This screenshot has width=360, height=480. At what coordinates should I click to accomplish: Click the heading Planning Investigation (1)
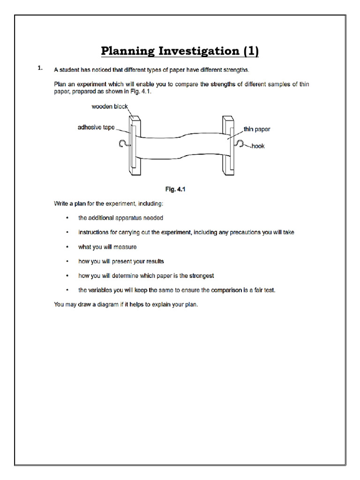click(x=180, y=51)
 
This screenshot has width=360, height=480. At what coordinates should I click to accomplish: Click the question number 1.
click(x=40, y=68)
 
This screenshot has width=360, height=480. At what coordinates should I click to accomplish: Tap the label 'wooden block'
click(x=109, y=106)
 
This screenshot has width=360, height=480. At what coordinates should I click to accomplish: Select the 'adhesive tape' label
click(x=96, y=127)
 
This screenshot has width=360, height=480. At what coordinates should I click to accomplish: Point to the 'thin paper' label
click(x=256, y=129)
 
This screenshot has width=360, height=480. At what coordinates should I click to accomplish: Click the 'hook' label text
click(x=258, y=146)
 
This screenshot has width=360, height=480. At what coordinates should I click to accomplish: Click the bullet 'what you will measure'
click(x=107, y=247)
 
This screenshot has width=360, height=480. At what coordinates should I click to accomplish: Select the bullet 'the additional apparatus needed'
click(x=120, y=218)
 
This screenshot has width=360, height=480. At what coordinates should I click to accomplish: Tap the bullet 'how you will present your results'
click(x=121, y=261)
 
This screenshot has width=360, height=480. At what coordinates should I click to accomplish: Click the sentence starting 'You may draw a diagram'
click(x=126, y=305)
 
